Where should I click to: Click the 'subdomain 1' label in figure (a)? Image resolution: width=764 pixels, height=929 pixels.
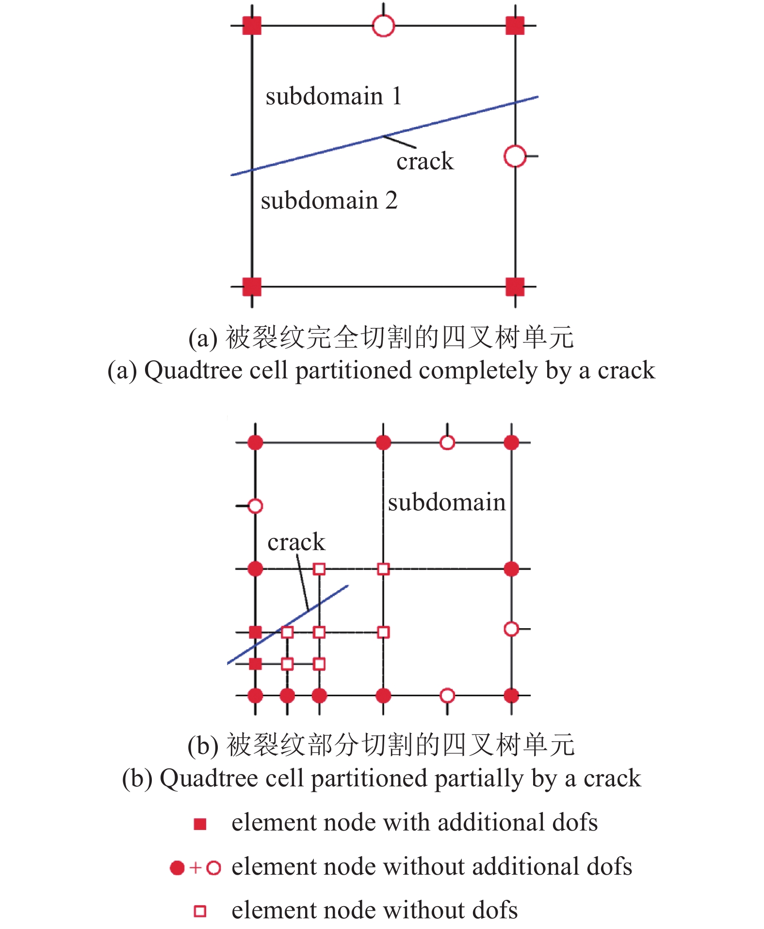click(x=334, y=96)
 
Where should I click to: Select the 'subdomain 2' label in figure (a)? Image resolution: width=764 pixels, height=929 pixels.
click(x=329, y=200)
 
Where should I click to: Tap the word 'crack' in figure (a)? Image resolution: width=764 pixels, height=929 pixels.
click(x=425, y=162)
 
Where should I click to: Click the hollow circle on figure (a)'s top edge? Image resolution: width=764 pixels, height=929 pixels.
click(x=383, y=26)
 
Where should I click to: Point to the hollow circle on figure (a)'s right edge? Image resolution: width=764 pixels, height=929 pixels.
click(x=515, y=156)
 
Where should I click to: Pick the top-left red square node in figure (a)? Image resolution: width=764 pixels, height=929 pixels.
click(x=252, y=26)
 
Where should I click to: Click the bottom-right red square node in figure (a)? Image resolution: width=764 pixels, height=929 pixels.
click(x=515, y=287)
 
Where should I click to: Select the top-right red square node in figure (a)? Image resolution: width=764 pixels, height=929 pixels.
click(x=515, y=26)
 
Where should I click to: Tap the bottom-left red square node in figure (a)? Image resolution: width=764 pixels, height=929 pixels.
click(x=252, y=287)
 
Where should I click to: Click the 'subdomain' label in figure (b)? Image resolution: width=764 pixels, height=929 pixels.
click(x=447, y=502)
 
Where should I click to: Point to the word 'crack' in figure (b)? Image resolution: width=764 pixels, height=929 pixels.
click(x=296, y=542)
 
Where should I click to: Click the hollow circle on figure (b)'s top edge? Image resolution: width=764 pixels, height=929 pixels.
click(x=447, y=442)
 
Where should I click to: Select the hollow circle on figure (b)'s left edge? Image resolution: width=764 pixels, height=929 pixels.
click(x=255, y=506)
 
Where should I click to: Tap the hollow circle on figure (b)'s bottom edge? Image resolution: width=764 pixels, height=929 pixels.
click(x=447, y=696)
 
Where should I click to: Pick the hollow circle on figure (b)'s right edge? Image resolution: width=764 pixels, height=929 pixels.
click(x=511, y=629)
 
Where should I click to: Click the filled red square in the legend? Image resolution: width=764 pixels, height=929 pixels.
click(x=200, y=824)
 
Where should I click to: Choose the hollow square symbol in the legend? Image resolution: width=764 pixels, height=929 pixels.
click(x=200, y=911)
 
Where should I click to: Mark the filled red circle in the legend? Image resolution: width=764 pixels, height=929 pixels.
click(x=177, y=867)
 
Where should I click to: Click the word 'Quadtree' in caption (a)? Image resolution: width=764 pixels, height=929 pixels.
click(x=193, y=371)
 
